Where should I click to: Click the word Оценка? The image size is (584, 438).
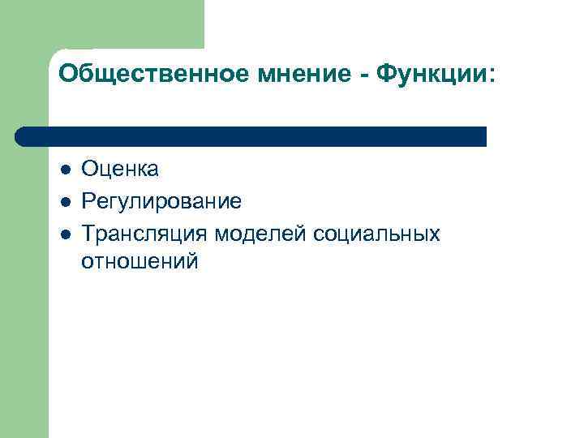(x=120, y=169)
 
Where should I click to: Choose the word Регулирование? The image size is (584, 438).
(x=161, y=202)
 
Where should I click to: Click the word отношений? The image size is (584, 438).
(x=140, y=261)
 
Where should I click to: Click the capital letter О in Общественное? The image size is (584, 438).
(x=67, y=75)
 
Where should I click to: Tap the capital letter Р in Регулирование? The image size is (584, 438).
(x=88, y=201)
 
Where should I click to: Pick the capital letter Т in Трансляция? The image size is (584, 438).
(x=88, y=234)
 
